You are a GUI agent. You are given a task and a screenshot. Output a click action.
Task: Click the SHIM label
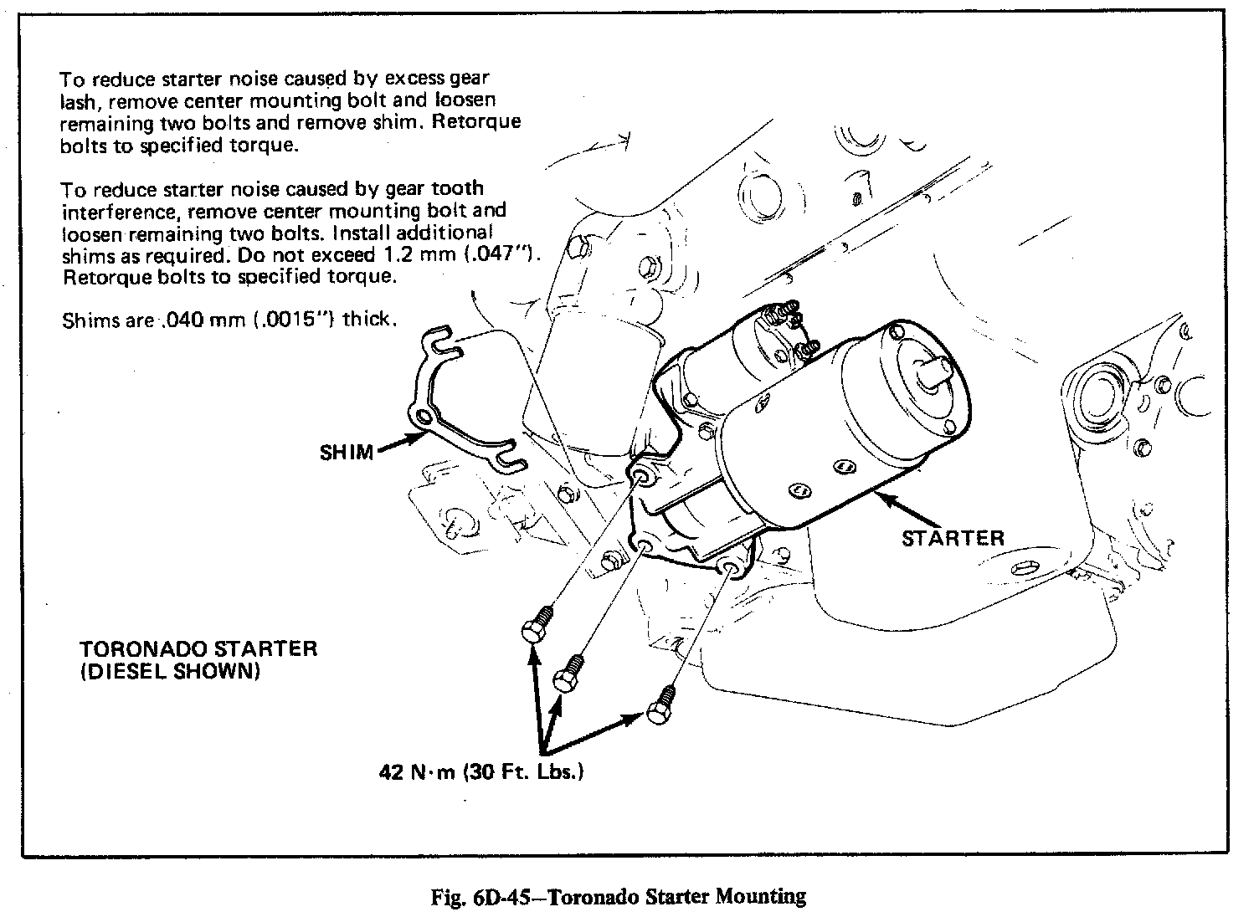click(x=346, y=453)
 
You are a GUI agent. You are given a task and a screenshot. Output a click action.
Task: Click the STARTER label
click(x=952, y=537)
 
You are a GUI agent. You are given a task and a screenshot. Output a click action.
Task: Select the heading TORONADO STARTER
click(x=198, y=649)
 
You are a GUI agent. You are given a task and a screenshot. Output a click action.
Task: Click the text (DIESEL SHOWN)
click(x=170, y=671)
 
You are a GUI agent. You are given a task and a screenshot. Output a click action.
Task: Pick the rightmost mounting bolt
click(x=660, y=704)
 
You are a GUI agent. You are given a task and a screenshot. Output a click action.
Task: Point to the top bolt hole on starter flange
click(x=641, y=477)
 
